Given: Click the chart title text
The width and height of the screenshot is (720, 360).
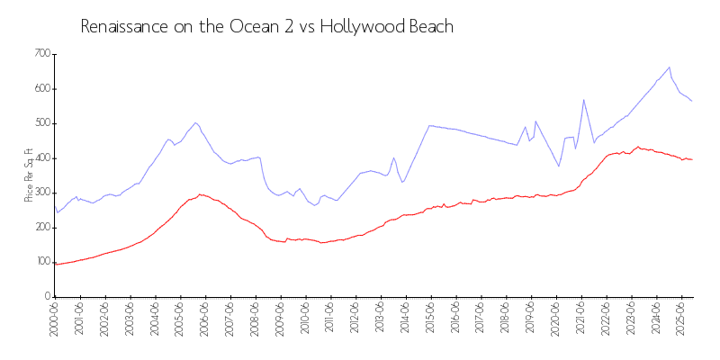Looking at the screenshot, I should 266,27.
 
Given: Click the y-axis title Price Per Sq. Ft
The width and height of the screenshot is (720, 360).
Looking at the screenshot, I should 29,175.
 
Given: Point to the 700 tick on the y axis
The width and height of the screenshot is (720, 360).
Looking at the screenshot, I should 40,54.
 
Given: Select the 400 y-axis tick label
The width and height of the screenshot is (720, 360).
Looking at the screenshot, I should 40,158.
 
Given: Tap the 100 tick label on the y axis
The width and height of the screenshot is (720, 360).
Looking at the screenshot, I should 40,262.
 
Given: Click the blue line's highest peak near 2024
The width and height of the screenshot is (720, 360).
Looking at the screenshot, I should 669,67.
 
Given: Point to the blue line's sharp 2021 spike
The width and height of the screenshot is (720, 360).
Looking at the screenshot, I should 583,99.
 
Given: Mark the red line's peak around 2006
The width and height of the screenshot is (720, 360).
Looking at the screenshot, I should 200,193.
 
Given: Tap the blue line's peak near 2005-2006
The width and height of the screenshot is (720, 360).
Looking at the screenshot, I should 195,122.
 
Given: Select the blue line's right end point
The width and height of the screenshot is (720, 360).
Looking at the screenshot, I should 692,101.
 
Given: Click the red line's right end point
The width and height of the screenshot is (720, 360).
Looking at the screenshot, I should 692,159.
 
